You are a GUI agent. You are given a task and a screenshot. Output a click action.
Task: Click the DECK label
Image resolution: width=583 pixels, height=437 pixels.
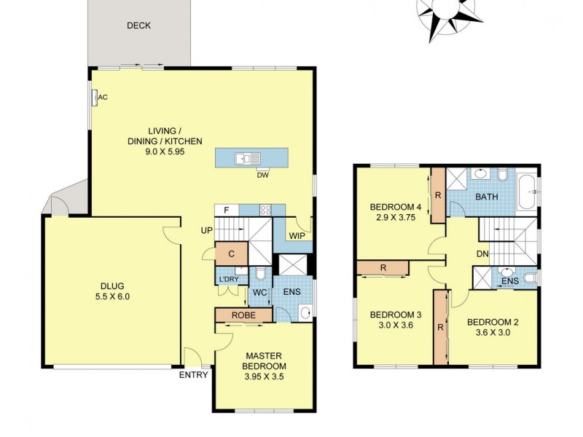138,25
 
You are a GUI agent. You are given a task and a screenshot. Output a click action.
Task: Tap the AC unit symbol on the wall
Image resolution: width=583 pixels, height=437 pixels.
94,98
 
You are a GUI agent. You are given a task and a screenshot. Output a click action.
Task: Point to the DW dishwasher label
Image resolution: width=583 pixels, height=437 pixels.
262,174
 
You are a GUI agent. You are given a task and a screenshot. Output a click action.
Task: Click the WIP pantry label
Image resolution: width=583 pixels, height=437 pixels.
297,236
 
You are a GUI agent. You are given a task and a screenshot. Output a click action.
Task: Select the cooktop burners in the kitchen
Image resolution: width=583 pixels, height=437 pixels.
267,210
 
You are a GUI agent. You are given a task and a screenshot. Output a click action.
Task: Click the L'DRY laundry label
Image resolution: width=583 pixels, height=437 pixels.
227,280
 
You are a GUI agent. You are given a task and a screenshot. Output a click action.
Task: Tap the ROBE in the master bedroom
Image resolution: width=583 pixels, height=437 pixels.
243,315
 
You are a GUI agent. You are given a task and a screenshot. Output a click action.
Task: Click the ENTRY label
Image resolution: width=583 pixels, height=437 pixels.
193,375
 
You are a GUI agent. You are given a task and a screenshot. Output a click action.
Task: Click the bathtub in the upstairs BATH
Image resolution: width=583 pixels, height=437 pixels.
527,191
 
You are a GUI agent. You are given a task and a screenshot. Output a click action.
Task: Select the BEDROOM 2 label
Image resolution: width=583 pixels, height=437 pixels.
493,321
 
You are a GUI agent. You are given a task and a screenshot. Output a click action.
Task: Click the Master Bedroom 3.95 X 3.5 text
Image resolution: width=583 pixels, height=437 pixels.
265,378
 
